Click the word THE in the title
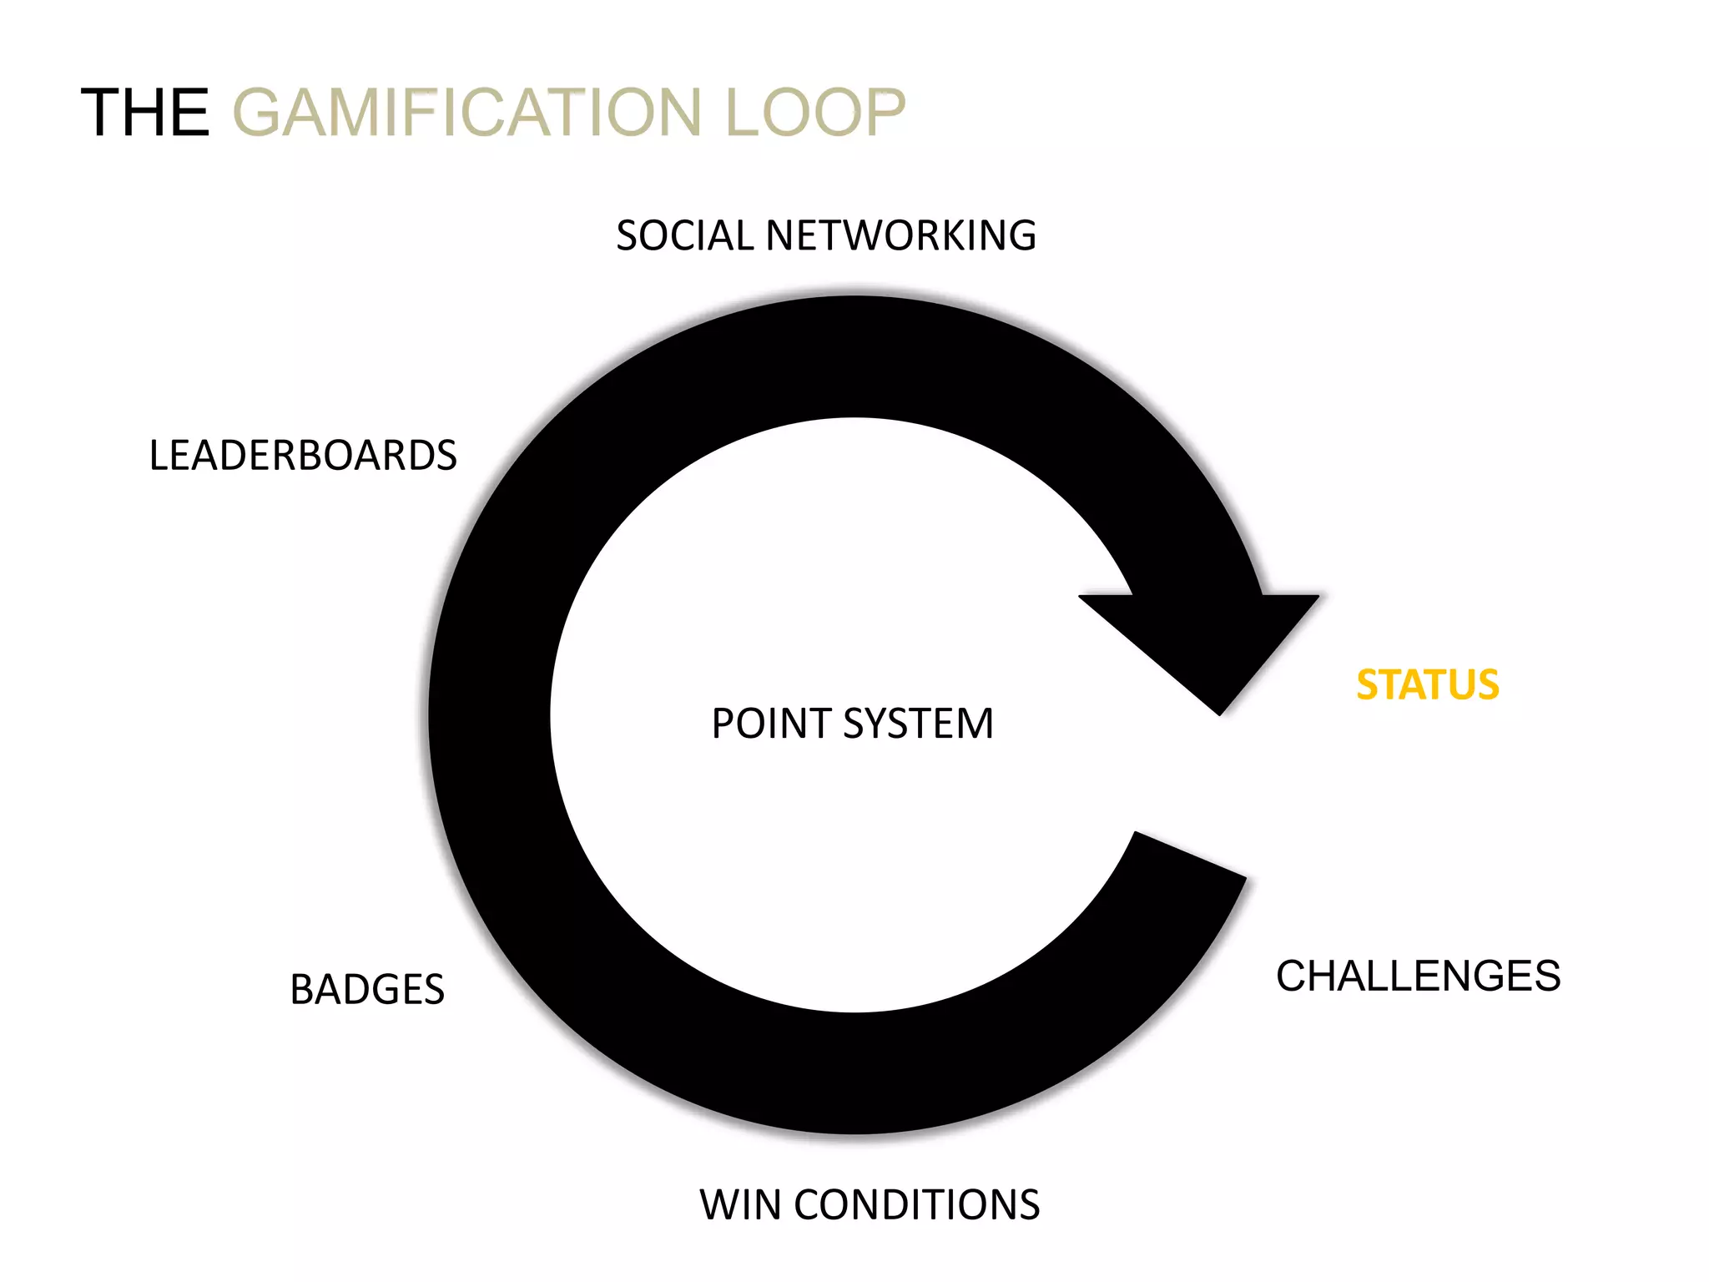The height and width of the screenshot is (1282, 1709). point(144,113)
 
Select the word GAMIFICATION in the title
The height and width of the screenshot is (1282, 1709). point(467,113)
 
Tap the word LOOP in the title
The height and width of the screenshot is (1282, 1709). point(814,113)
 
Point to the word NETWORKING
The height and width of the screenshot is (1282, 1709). point(901,235)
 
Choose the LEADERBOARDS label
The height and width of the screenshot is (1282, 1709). point(303,456)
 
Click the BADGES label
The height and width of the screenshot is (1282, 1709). point(367,990)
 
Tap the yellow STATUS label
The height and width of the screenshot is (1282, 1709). point(1428,685)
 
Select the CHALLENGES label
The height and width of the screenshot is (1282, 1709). point(1418,976)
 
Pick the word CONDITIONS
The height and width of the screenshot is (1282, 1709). point(917,1205)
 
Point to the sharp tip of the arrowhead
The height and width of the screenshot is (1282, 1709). point(1219,714)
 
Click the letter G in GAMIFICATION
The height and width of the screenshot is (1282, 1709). point(260,113)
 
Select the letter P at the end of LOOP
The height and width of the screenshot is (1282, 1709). point(880,113)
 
